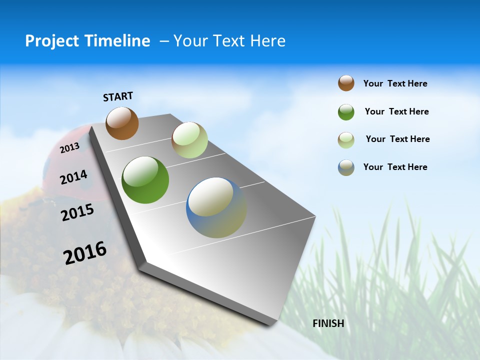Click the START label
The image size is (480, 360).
point(118,96)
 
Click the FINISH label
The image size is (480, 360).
point(328,323)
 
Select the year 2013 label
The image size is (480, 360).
point(69,147)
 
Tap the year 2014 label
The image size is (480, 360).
point(73,177)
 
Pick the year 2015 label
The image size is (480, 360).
point(77,212)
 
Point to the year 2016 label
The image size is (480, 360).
point(85,253)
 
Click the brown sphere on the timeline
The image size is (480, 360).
point(122,123)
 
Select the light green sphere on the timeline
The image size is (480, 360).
point(189,140)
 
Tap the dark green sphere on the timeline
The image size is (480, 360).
point(145,180)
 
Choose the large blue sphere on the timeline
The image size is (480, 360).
point(216,207)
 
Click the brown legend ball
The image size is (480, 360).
point(346,83)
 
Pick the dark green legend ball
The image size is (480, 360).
point(346,112)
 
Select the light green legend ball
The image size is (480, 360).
point(346,140)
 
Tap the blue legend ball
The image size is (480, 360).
point(346,167)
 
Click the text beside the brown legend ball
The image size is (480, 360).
point(395,83)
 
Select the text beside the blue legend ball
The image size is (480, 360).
point(395,167)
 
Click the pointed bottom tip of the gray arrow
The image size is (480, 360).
point(272,323)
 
